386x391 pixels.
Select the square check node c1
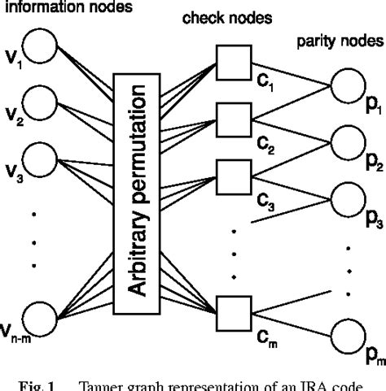click(228, 60)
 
